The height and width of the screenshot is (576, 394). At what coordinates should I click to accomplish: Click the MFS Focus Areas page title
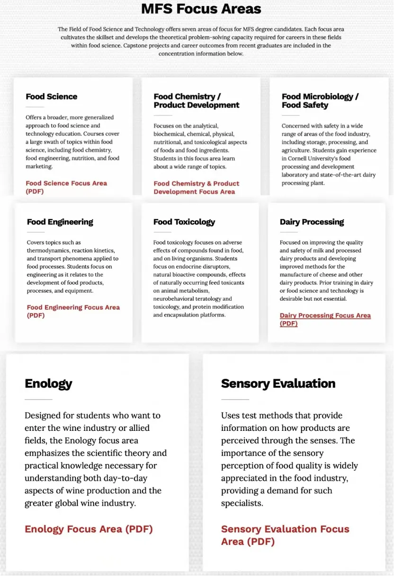click(201, 9)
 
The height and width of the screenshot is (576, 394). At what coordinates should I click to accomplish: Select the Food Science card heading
click(51, 96)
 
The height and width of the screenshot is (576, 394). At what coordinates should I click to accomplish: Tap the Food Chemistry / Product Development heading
click(196, 101)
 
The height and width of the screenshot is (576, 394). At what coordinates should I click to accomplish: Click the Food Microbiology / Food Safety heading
click(320, 101)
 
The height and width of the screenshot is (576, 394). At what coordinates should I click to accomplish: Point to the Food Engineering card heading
click(60, 222)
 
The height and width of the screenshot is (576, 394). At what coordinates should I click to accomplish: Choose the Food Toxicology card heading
click(184, 222)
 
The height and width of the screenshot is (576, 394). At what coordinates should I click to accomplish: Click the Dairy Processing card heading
click(312, 222)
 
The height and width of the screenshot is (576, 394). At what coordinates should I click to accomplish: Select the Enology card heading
click(48, 383)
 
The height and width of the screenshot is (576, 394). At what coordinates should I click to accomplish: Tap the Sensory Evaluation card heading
click(278, 383)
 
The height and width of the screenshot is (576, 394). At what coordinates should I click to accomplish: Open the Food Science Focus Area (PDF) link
click(66, 187)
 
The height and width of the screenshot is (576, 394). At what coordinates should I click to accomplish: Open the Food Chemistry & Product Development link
click(196, 188)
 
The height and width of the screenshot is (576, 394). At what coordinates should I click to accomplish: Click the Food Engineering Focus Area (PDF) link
click(73, 311)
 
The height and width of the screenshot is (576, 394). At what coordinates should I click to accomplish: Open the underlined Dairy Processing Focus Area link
click(325, 319)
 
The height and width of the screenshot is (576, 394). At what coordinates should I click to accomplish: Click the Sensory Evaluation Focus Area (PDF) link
click(285, 535)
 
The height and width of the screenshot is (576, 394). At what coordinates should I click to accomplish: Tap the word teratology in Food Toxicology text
click(207, 298)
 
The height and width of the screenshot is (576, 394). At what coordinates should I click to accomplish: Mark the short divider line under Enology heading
click(38, 400)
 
